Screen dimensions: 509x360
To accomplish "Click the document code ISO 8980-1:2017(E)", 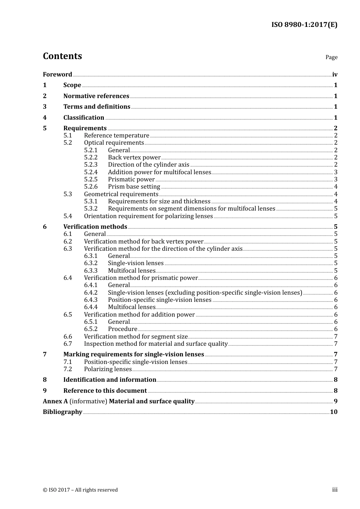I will point(304,25).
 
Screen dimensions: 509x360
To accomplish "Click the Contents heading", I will point(62,56).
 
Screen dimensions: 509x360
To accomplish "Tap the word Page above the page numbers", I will point(331,57).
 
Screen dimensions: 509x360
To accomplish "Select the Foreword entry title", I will point(57,74).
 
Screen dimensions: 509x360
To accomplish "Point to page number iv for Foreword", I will point(335,75).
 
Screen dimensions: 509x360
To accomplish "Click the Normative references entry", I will point(96,96).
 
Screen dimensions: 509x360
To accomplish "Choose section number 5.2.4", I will point(91,172).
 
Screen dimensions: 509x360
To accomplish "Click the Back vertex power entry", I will point(134,157).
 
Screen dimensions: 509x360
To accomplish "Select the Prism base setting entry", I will point(134,186).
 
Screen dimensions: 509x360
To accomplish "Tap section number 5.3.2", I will point(91,208).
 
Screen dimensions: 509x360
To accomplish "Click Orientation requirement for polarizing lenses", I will point(148,216).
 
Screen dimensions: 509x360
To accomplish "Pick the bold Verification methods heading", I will point(95,226).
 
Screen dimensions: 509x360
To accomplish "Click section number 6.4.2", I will point(91,292).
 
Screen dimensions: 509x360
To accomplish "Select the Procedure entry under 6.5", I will point(122,329).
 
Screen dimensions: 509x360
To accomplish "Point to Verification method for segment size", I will point(136,336).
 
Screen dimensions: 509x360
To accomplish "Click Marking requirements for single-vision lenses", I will point(133,354).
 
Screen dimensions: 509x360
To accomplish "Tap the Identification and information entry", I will point(110,379).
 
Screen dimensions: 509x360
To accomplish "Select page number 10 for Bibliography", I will point(333,412).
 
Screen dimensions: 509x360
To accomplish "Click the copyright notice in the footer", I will point(80,490).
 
